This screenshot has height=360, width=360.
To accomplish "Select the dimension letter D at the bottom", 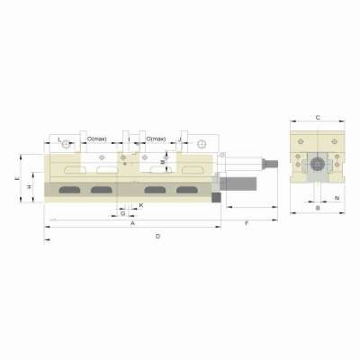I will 158,236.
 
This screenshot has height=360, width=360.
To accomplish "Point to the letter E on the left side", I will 17,179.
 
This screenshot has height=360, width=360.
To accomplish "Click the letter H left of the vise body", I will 30,186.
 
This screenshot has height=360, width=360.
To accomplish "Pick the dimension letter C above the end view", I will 318,118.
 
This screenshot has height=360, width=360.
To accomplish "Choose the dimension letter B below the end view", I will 319,208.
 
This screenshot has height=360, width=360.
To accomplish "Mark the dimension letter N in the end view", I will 336,197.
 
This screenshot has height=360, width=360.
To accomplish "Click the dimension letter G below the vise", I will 122,214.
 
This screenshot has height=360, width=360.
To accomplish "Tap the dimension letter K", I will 141,205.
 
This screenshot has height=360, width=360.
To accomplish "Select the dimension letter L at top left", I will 59,139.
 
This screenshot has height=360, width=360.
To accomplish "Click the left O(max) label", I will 97,139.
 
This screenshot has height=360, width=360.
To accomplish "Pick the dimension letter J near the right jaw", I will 182,139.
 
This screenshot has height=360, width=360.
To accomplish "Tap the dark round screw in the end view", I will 318,164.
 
